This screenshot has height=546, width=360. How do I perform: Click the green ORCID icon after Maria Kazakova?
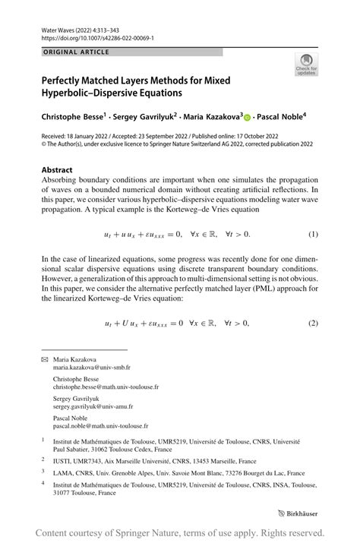[x=247, y=118]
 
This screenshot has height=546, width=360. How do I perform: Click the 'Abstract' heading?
[x=57, y=170]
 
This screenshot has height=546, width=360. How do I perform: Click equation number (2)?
[x=312, y=323]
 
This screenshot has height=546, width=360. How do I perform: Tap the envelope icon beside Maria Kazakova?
[x=44, y=359]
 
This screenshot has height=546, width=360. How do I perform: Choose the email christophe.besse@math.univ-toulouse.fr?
[x=106, y=387]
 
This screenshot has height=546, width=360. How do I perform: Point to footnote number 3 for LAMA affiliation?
[x=43, y=471]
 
